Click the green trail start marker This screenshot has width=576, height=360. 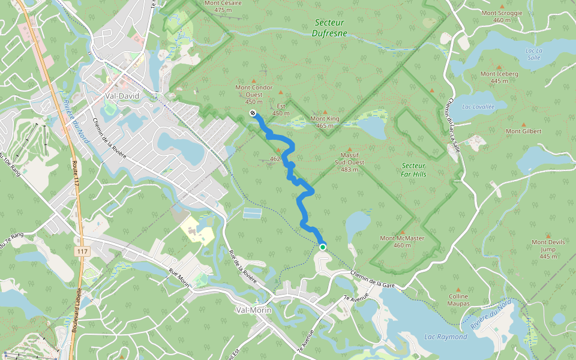click(x=323, y=247)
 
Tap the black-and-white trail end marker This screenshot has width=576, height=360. click(x=253, y=112)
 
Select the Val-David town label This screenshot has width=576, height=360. click(x=122, y=95)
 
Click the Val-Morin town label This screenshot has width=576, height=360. click(x=254, y=310)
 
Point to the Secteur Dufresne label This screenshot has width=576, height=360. click(x=329, y=28)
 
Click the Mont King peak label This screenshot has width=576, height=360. click(x=325, y=122)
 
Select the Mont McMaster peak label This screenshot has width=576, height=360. click(x=402, y=241)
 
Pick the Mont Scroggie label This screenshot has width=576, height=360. click(x=502, y=16)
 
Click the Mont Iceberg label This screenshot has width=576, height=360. click(x=499, y=77)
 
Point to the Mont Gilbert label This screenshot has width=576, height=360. click(x=523, y=131)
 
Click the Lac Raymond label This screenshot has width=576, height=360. click(x=445, y=337)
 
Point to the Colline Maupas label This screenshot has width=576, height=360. click(x=458, y=299)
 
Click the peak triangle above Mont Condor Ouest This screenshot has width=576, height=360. click(x=253, y=81)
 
